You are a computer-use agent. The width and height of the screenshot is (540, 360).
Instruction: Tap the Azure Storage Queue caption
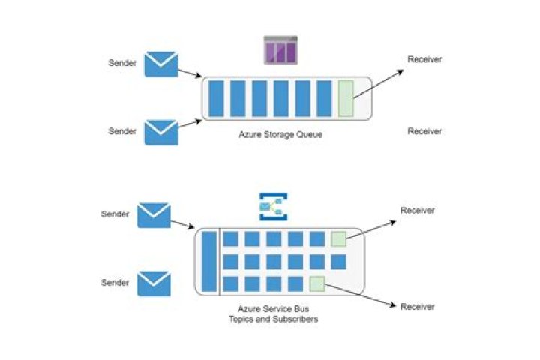click(286, 135)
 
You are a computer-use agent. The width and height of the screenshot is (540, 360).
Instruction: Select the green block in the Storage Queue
click(346, 98)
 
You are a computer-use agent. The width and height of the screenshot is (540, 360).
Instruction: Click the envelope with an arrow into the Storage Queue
click(161, 64)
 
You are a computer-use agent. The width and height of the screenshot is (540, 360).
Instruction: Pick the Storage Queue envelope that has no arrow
click(161, 132)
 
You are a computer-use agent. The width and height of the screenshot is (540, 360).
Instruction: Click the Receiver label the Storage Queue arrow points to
click(424, 59)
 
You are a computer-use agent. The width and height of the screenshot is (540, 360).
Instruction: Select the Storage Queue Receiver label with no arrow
click(424, 131)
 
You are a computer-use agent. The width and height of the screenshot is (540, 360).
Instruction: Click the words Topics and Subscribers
click(273, 319)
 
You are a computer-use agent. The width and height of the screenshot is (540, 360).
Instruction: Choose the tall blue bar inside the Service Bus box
click(209, 261)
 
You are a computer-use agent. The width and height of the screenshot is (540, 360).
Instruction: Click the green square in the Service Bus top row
click(338, 239)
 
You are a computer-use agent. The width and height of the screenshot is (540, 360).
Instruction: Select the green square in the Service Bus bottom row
click(316, 284)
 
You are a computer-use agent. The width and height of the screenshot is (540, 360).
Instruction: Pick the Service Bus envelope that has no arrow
click(154, 283)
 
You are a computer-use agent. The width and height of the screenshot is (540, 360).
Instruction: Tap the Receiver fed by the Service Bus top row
click(418, 211)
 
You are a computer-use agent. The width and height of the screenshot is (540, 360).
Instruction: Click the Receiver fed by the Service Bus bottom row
click(418, 306)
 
